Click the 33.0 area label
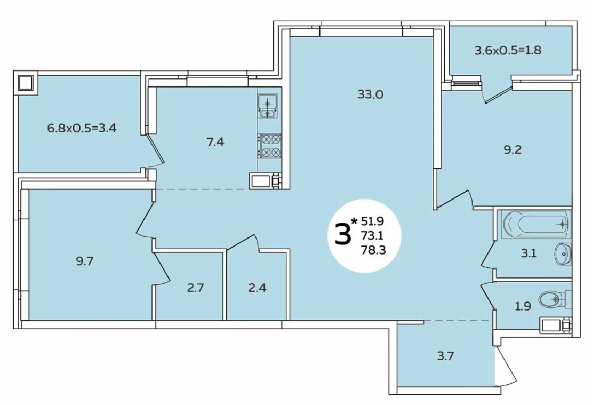(370, 94)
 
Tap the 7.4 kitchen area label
(215, 142)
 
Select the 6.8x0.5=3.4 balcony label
(82, 128)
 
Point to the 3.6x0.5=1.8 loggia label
(508, 50)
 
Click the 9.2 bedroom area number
(513, 150)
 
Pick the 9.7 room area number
(85, 261)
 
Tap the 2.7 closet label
(196, 288)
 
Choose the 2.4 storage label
(258, 288)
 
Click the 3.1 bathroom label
(529, 253)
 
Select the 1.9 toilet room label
(523, 306)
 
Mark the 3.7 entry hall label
(445, 356)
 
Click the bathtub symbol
(536, 224)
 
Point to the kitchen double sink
(268, 106)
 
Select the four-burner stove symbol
(269, 146)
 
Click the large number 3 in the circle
(342, 234)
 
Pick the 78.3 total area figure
(373, 250)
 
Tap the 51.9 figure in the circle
(373, 220)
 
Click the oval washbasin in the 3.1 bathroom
(563, 254)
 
